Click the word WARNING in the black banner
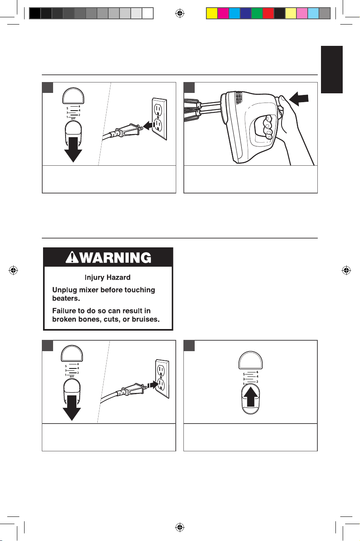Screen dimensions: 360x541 coord(115,257)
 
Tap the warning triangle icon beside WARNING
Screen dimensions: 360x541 coord(72,257)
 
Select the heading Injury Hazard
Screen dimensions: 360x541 coord(107,278)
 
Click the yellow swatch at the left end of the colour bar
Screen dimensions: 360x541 coord(212,13)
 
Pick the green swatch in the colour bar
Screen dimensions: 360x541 coord(257,13)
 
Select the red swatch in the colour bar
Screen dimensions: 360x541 coord(268,13)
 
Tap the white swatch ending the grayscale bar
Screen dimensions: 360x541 coord(148,13)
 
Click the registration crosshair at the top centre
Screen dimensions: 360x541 coord(180,13)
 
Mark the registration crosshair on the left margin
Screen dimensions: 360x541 coord(13,270)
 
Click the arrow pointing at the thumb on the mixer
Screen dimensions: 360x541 coord(299,99)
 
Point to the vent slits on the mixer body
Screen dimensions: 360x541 coord(239,98)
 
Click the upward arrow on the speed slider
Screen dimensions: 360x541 coord(251,397)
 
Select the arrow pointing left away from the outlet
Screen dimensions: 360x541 coord(149,125)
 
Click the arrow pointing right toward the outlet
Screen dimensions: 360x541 coord(152,384)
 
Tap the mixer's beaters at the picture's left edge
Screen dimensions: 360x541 coord(192,110)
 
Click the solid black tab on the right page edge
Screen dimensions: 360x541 coord(332,70)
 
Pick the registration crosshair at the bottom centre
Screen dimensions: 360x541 coord(180,527)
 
